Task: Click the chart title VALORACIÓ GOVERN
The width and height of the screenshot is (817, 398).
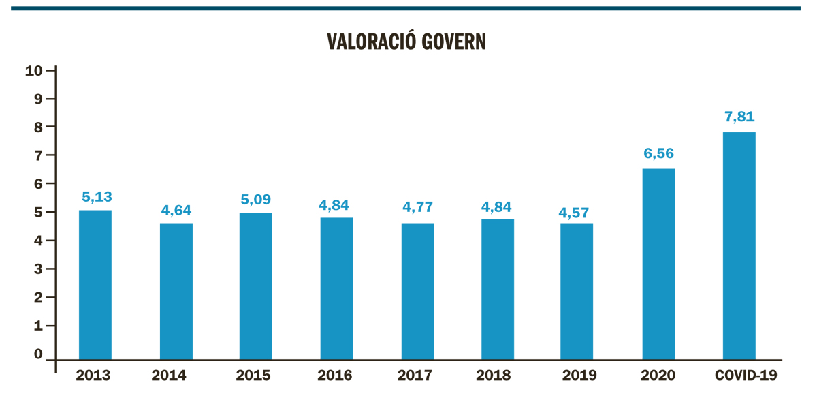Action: tap(407, 42)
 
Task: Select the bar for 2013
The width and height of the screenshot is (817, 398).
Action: tap(95, 285)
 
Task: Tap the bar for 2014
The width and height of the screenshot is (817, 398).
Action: tap(176, 292)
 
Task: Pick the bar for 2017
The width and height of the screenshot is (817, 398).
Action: tap(417, 292)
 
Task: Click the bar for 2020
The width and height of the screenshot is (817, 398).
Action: tap(658, 264)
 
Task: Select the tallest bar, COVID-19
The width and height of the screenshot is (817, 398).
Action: tap(739, 246)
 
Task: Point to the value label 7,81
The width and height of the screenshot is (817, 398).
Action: tap(739, 117)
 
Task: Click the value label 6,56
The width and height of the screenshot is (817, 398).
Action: tap(658, 153)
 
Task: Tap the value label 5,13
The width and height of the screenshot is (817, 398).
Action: tap(97, 196)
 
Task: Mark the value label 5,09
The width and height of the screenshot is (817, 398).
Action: tap(256, 199)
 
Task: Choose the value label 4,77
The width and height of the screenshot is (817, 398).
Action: tap(418, 208)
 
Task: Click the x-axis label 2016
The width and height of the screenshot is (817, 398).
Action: tap(335, 376)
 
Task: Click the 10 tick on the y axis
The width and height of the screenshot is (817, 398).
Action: tap(34, 71)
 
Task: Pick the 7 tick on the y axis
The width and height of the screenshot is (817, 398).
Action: tap(39, 156)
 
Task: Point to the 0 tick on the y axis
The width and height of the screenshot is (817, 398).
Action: tap(39, 354)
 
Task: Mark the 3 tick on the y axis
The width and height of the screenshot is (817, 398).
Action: tap(39, 269)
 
